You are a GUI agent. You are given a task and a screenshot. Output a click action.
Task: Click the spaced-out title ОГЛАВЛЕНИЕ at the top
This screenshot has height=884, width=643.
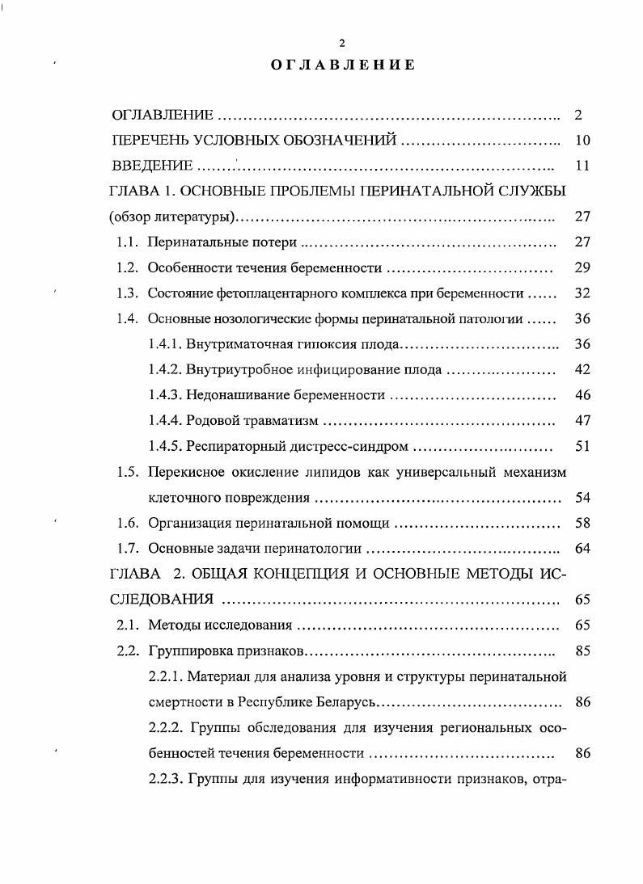[342, 65]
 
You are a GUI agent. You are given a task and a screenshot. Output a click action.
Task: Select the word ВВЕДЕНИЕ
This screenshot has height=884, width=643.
[152, 166]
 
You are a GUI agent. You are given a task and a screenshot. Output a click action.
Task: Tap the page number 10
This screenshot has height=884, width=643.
[582, 140]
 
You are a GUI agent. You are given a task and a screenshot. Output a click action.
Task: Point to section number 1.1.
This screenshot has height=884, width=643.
[128, 242]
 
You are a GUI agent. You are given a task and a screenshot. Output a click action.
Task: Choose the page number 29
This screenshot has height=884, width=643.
[582, 267]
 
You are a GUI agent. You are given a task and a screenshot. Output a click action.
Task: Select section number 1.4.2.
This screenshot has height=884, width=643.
[165, 370]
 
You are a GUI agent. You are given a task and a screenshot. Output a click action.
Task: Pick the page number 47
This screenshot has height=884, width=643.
[582, 420]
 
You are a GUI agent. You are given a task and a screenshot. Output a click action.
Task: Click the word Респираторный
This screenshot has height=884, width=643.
[235, 446]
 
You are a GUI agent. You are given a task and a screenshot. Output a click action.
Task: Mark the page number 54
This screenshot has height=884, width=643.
[582, 497]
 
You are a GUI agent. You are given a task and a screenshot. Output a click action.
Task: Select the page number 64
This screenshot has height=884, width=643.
[582, 549]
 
